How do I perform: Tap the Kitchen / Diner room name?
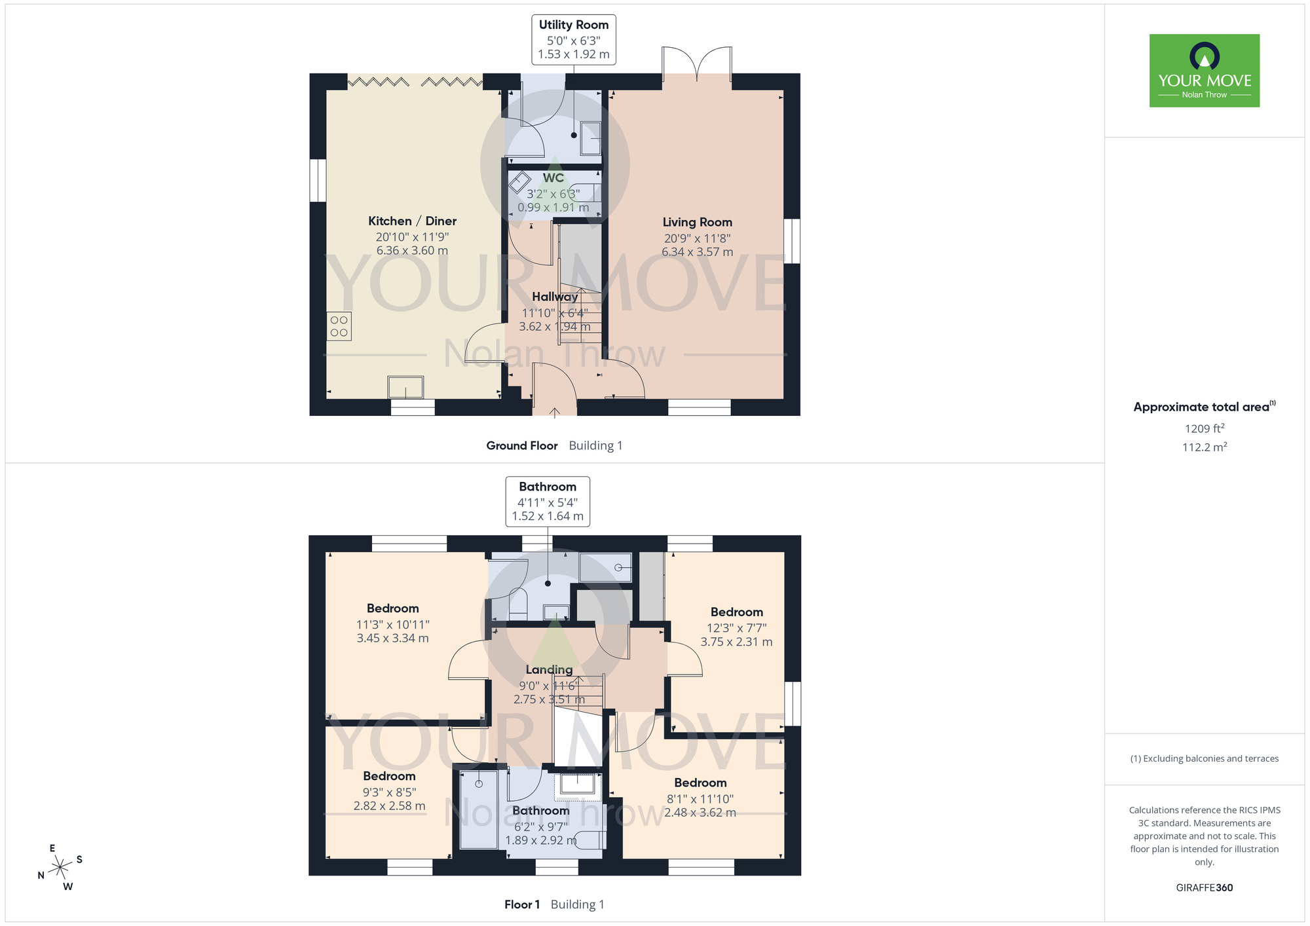(412, 221)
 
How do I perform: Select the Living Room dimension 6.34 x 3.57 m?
(697, 252)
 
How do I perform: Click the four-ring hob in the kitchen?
(339, 326)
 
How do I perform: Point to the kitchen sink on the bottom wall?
(405, 387)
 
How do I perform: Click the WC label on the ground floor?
(553, 178)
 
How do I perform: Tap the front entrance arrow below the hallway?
(555, 413)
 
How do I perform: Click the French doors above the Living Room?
(697, 62)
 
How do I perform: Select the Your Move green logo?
(1204, 71)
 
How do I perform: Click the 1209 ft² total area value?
(1204, 429)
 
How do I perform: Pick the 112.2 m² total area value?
(1204, 447)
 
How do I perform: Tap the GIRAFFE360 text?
(1204, 888)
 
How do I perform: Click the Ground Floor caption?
(521, 446)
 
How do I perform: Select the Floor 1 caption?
(521, 905)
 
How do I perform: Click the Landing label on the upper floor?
(549, 670)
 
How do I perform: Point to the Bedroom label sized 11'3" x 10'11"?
(392, 609)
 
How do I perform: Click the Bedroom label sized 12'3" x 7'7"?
(736, 612)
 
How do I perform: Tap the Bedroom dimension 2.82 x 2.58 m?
(389, 806)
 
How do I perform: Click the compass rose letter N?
(41, 876)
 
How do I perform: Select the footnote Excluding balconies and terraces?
(1204, 759)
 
